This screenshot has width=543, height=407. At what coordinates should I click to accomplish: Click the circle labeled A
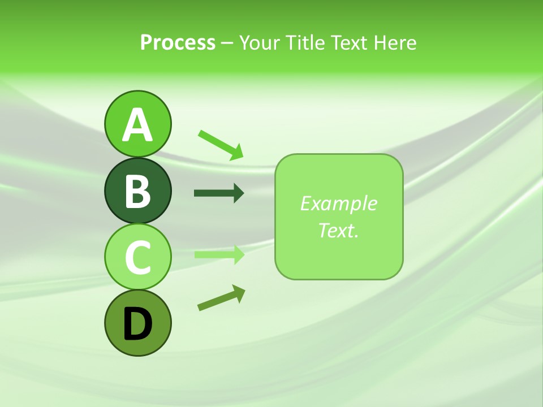[x=137, y=124]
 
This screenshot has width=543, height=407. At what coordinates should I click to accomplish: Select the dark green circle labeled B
[x=137, y=190]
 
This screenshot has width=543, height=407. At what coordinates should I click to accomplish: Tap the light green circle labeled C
[x=137, y=257]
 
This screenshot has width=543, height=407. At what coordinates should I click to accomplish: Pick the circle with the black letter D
[x=137, y=323]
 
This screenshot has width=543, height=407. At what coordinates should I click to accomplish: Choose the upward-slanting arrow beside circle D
[x=221, y=298]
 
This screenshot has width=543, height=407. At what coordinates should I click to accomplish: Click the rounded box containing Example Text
[x=339, y=217]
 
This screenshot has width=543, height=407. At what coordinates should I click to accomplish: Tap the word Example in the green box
[x=338, y=203]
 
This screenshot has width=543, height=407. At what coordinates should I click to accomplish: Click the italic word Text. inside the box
[x=338, y=230]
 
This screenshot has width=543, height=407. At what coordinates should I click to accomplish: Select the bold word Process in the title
[x=178, y=42]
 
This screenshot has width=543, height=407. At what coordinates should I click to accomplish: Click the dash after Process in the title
[x=227, y=43]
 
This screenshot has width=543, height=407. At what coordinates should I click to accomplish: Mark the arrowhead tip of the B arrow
[x=243, y=193]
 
